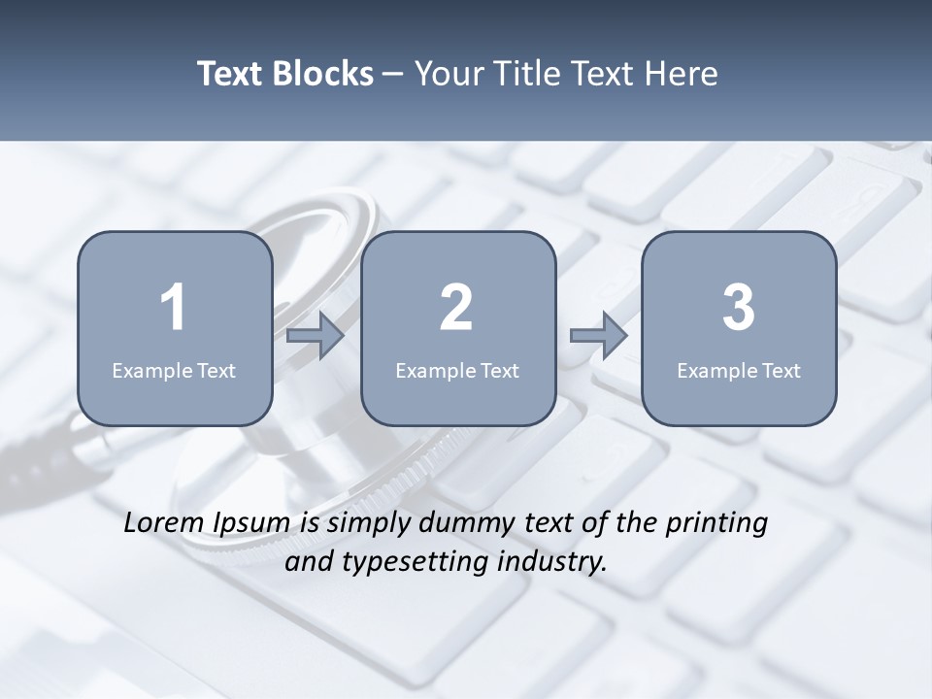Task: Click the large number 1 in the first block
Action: (173, 308)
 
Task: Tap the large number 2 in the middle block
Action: (456, 308)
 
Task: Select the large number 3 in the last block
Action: (739, 308)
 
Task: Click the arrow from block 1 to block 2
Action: (316, 336)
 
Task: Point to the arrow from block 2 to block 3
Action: (599, 336)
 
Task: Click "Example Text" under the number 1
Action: (174, 371)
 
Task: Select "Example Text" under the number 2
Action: (457, 371)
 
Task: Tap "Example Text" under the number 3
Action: (739, 371)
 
